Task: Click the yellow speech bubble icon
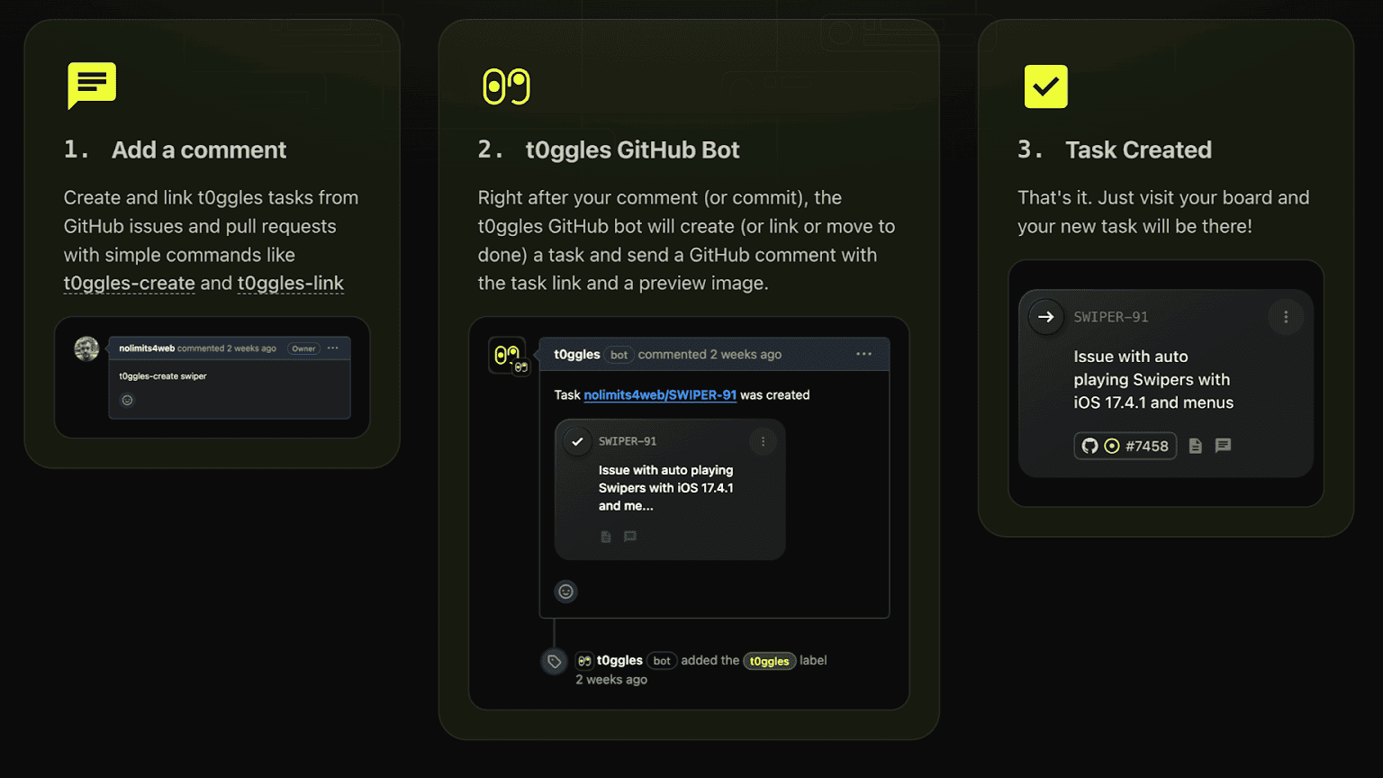click(x=91, y=85)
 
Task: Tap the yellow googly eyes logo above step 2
click(x=506, y=86)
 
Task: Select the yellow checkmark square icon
click(x=1045, y=86)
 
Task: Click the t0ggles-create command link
click(x=129, y=284)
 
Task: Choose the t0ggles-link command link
click(x=290, y=284)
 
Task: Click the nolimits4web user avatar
click(x=86, y=348)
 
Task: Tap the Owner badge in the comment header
click(x=303, y=348)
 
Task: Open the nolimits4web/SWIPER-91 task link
click(x=660, y=395)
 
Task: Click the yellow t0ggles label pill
click(x=769, y=661)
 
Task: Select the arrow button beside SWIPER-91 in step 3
click(x=1046, y=317)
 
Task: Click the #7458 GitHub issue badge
click(x=1125, y=446)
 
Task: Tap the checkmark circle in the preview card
click(x=577, y=441)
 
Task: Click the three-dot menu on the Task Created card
click(x=1286, y=317)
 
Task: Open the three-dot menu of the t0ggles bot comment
click(x=863, y=355)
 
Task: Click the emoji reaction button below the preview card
click(x=565, y=592)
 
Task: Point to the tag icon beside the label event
click(x=554, y=662)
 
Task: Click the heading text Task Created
click(x=1138, y=150)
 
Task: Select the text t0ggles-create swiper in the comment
click(x=162, y=376)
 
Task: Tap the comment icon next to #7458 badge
click(x=1223, y=445)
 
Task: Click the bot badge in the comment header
click(x=619, y=355)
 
